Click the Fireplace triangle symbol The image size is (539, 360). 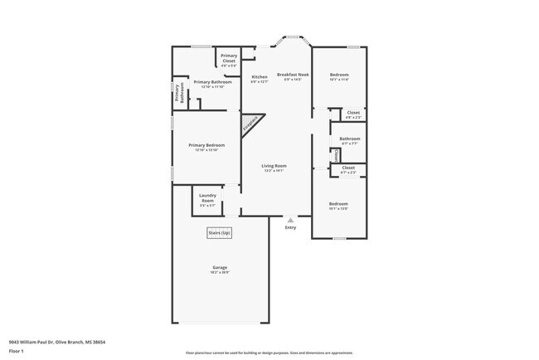250,125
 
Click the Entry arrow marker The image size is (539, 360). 290,221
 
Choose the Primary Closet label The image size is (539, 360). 229,59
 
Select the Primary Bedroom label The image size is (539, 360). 206,147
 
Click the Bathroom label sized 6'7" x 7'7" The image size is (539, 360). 349,140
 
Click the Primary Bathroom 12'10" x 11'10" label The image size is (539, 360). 213,84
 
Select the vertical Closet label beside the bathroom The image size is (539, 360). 336,155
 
